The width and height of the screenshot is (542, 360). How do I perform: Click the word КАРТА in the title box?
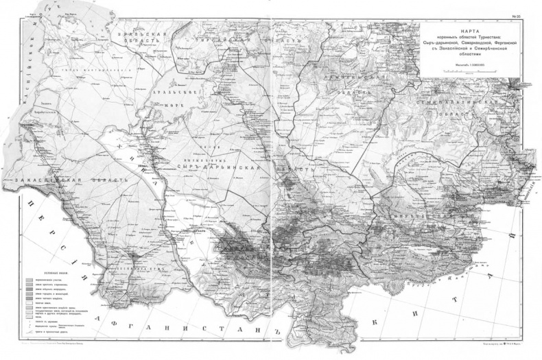point(470,32)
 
